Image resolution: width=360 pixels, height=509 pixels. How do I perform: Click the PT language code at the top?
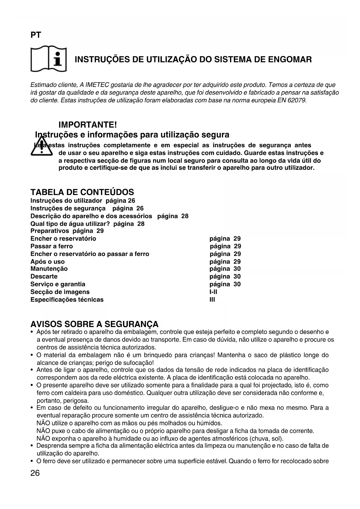coord(36,35)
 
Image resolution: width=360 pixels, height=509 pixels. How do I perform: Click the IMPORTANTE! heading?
coord(88,125)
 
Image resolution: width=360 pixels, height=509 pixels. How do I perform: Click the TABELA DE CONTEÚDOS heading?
coord(82,192)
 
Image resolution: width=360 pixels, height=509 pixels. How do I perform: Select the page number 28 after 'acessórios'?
coord(185,216)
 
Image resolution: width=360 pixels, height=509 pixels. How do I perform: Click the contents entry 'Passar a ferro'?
coord(52,246)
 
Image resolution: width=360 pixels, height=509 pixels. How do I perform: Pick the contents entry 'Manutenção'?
coord(49,269)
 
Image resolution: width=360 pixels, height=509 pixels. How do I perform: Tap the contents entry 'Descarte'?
coord(44,277)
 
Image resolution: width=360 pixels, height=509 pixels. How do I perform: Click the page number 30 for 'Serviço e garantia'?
coord(237,284)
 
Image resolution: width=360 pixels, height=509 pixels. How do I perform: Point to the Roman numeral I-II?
coord(213,292)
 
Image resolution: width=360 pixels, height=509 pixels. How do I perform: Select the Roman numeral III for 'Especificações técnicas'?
coord(212,300)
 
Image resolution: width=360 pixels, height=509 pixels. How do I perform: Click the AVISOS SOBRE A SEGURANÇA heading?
coord(95,324)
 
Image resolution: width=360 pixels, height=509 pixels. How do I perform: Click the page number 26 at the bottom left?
coord(35,473)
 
